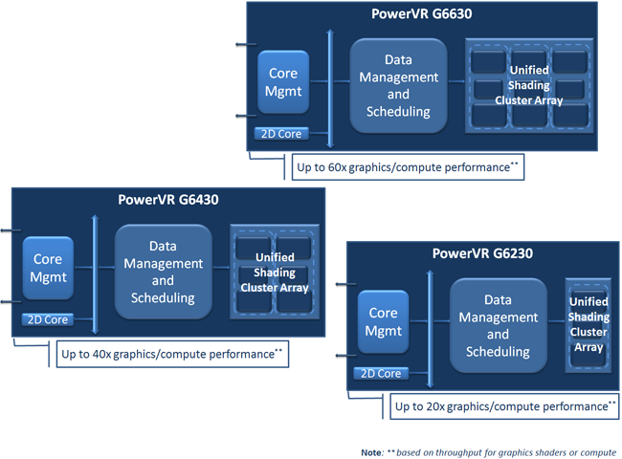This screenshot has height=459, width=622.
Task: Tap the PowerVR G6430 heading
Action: pyautogui.click(x=167, y=200)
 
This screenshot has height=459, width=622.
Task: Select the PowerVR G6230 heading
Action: pyautogui.click(x=482, y=253)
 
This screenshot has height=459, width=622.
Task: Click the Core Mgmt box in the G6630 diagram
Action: pyautogui.click(x=283, y=83)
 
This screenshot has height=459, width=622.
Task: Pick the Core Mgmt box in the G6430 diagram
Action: pyautogui.click(x=48, y=269)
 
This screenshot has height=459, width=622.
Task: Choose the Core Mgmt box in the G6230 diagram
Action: pyautogui.click(x=383, y=322)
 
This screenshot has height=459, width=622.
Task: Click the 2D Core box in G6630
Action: pyautogui.click(x=283, y=134)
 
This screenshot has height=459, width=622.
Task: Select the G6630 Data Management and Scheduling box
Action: pyautogui.click(x=398, y=85)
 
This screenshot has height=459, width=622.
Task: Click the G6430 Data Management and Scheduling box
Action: pyautogui.click(x=163, y=272)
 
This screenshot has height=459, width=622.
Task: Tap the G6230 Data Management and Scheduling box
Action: pyautogui.click(x=498, y=325)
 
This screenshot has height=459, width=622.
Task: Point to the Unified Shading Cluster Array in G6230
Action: pyautogui.click(x=588, y=325)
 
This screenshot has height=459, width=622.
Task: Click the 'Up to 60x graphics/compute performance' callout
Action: pyautogui.click(x=407, y=167)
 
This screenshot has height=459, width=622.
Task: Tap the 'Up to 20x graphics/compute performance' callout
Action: pyautogui.click(x=505, y=406)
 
